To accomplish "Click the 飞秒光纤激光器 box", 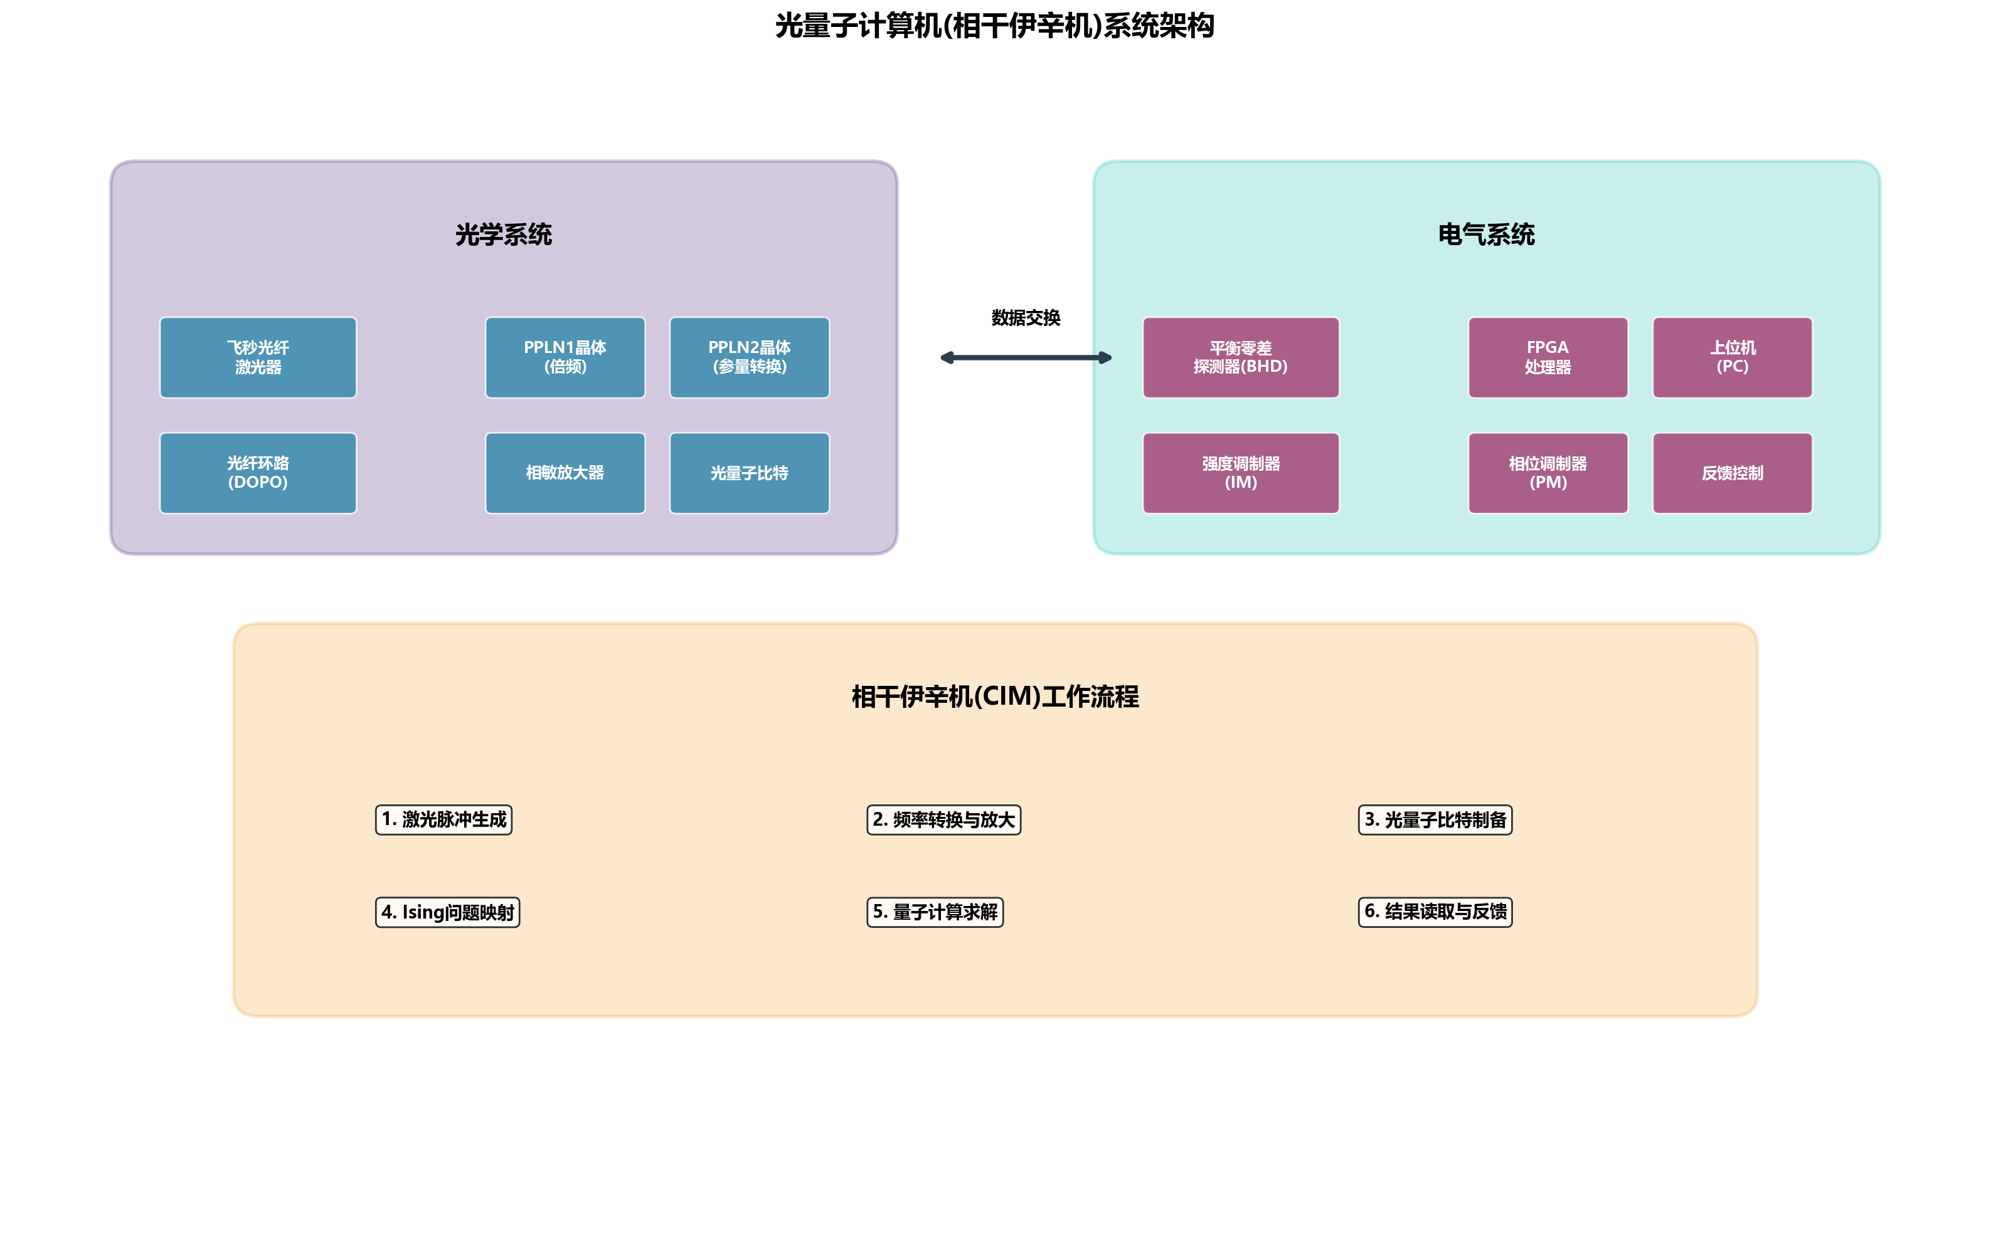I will pos(258,357).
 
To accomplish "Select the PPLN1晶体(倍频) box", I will pos(565,357).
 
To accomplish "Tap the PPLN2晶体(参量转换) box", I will pos(749,357).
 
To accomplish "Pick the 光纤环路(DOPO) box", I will pos(258,473).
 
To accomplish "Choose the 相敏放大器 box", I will pos(565,473).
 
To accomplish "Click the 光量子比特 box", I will pos(749,473).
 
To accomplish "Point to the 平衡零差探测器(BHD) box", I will pos(1241,357).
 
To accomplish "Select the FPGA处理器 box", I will pos(1548,357).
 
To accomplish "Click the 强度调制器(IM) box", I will pos(1241,473).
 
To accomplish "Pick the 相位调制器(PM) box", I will pos(1548,473).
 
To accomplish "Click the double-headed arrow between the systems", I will pos(1026,357).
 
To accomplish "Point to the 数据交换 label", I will pos(1026,317).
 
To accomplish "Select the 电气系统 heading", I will pos(1486,235).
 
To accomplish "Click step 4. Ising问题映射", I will pos(448,912).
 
